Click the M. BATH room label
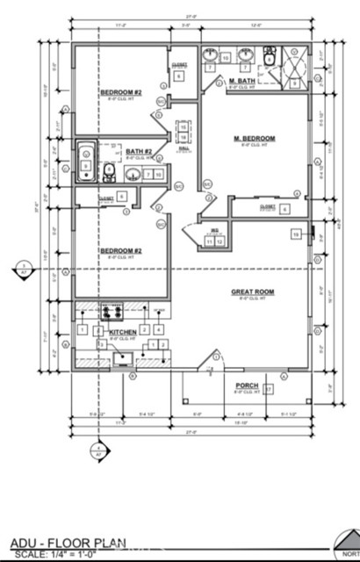[242, 82]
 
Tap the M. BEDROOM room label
[255, 139]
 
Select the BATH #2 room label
[138, 152]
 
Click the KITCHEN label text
[122, 332]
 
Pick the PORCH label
[247, 385]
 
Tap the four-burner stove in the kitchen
[112, 311]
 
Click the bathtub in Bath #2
[86, 162]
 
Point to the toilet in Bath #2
[106, 170]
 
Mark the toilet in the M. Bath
[268, 58]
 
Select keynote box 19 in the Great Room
[297, 234]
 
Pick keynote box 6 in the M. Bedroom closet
[284, 209]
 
